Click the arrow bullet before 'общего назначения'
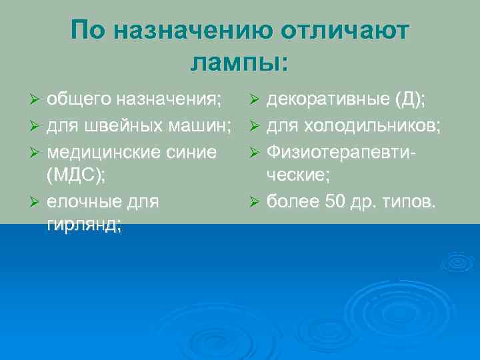pyautogui.click(x=37, y=101)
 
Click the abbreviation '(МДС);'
pyautogui.click(x=75, y=175)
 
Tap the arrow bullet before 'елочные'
pyautogui.click(x=37, y=201)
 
